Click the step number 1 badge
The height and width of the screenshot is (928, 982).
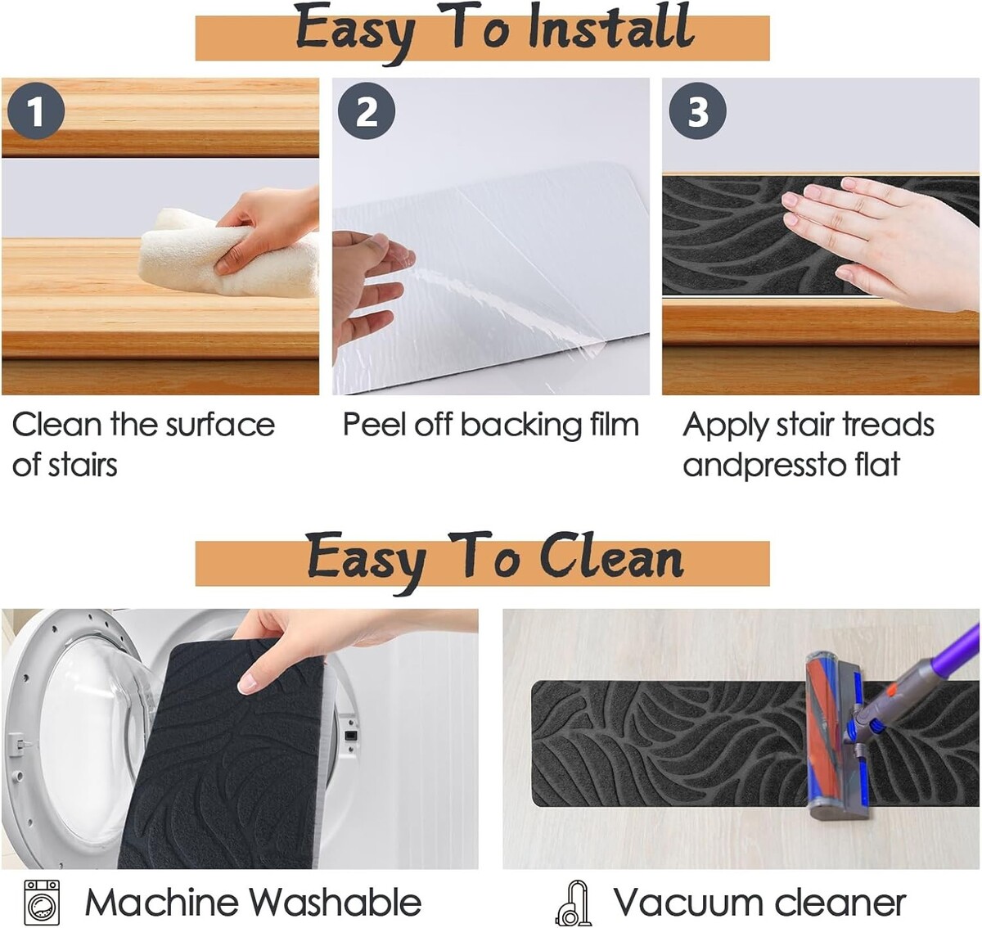[x=36, y=110]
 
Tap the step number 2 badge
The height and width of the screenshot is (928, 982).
[x=367, y=110]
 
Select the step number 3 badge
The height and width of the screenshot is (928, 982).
[x=697, y=110]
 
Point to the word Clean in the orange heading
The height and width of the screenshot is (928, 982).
[x=612, y=557]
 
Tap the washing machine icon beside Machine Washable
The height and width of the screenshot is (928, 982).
[x=42, y=903]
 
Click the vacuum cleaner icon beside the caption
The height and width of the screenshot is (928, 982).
[x=574, y=903]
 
